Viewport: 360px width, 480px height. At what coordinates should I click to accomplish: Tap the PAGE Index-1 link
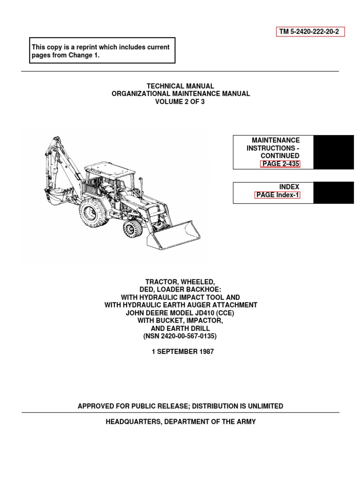click(x=277, y=195)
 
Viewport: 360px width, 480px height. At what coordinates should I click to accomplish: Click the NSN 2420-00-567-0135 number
click(x=180, y=336)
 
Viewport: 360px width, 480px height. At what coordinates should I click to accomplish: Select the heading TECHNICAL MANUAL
click(x=180, y=86)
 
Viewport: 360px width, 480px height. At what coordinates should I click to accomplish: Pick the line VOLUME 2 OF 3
click(x=180, y=102)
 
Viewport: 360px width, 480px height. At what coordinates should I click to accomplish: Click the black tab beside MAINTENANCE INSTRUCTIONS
click(x=333, y=152)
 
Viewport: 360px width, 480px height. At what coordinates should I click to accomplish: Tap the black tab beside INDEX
click(x=333, y=193)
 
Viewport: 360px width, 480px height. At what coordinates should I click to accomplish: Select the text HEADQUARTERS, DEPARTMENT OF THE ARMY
click(x=180, y=422)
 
